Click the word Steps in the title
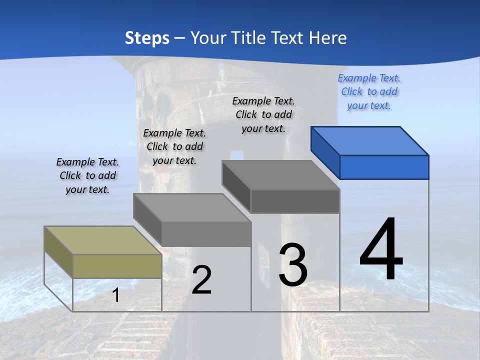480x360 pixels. [147, 38]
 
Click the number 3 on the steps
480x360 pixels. [293, 264]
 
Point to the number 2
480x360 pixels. [201, 279]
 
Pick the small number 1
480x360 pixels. [116, 295]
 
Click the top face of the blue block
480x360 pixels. [370, 141]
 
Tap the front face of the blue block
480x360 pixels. [384, 167]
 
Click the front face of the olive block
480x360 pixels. [117, 266]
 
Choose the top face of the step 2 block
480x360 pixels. [192, 207]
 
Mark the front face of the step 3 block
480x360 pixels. [295, 201]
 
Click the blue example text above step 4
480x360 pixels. [369, 92]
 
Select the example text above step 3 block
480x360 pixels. [263, 114]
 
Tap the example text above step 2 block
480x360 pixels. [174, 146]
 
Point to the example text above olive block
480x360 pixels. [87, 175]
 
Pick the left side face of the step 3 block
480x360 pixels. [236, 185]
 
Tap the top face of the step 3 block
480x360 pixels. [280, 175]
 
